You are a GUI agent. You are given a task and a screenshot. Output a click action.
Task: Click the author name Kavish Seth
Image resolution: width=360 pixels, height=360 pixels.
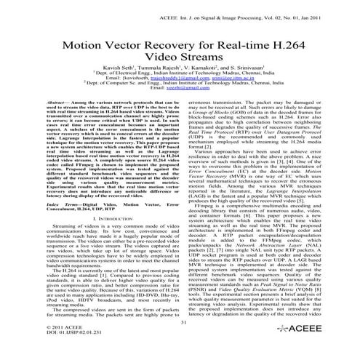click(x=134, y=75)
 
